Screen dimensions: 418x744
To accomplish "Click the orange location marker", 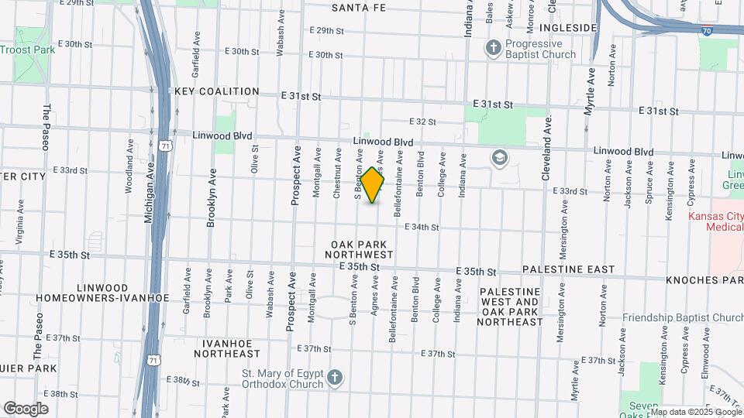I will pos(373,185).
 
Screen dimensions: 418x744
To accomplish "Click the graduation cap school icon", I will pos(500,159).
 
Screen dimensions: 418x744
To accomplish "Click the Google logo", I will pos(26,409).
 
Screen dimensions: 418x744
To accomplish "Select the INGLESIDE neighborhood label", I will pos(569,28).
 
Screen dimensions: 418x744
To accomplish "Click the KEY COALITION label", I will pos(216,91).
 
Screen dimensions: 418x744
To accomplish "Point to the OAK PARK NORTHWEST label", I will pos(359,248).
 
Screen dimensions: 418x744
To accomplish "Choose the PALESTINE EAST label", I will pos(569,269).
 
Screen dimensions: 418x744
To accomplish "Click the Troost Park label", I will pos(28,50).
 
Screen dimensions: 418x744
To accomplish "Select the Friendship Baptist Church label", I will pos(682,317).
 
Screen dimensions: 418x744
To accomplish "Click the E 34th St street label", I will pos(422,228).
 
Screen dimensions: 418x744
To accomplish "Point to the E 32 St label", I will pos(422,122).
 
